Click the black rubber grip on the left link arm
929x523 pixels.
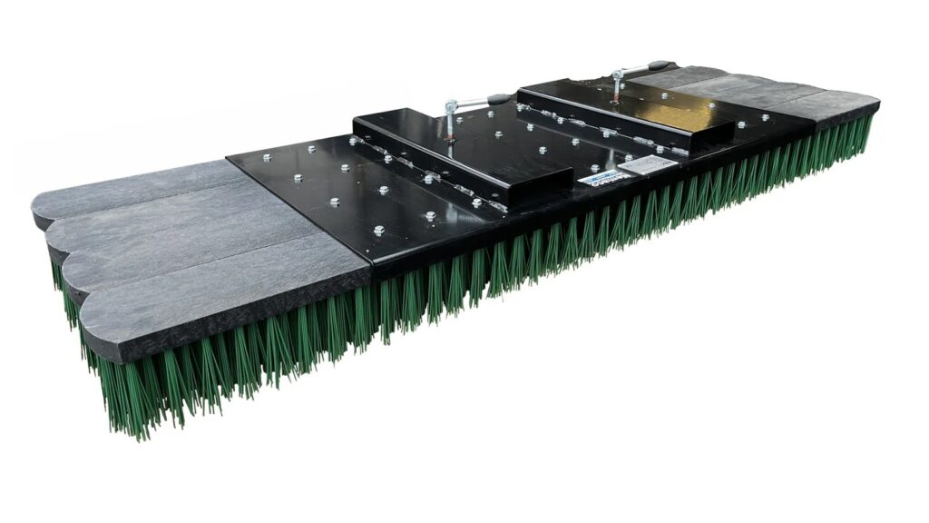click(x=500, y=99)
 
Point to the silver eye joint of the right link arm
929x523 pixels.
click(x=619, y=74)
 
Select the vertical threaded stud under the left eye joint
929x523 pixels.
click(x=449, y=130)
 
